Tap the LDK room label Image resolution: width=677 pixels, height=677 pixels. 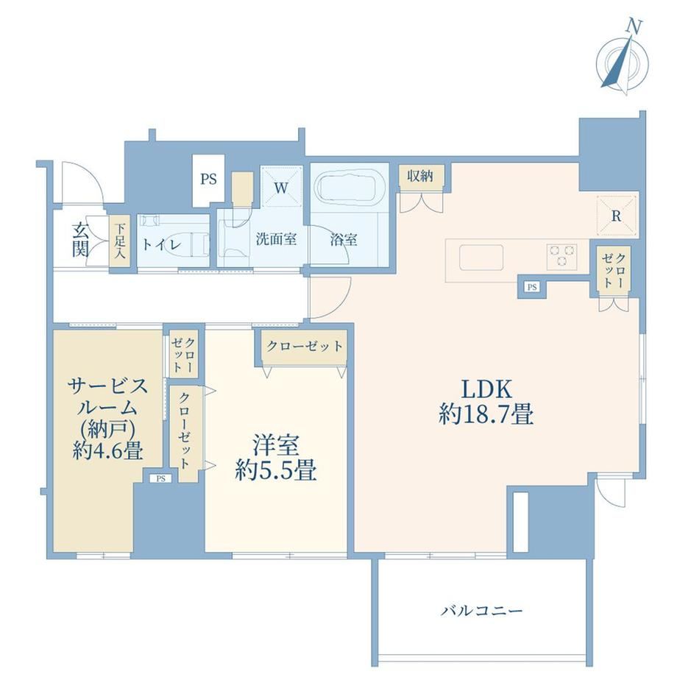486,389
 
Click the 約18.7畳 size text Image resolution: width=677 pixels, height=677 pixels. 486,414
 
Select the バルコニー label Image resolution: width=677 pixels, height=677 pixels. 481,611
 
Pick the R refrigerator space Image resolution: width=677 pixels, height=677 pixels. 616,216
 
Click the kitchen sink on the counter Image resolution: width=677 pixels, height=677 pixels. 481,258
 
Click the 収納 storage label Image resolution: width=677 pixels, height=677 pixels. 420,176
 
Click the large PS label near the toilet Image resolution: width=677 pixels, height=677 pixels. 208,179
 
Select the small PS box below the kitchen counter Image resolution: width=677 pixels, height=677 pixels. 532,287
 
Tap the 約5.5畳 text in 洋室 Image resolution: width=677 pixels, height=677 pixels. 275,471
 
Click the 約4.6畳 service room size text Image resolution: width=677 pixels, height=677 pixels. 108,451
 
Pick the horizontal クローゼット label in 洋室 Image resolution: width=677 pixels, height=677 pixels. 305,346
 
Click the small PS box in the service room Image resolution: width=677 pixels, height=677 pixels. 160,478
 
